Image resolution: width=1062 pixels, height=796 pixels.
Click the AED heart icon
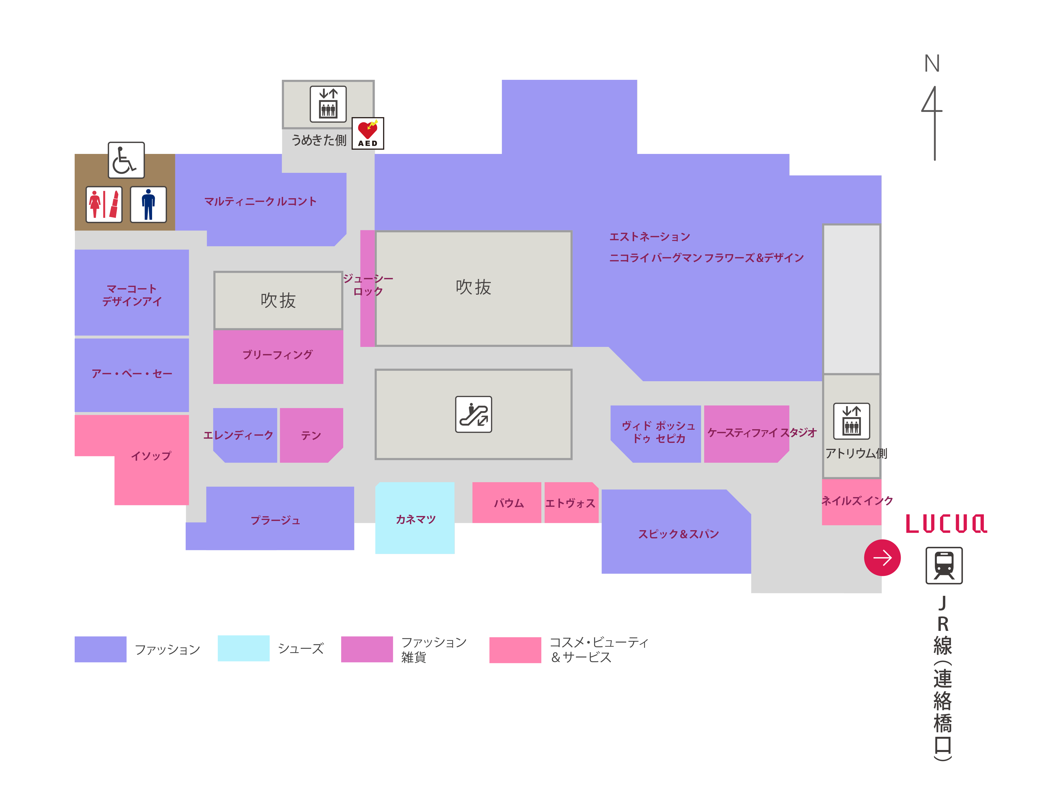[368, 133]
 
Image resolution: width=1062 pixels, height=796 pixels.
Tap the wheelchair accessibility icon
[126, 160]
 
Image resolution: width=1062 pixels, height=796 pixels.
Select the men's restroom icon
[148, 204]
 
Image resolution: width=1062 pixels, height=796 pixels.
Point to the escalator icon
[473, 414]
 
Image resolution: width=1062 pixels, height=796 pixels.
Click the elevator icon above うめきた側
[328, 104]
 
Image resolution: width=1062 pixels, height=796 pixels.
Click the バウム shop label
[509, 503]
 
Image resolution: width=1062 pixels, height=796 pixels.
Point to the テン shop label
[311, 435]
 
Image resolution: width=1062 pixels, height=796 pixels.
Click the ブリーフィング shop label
[278, 355]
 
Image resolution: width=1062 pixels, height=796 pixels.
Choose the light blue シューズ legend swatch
[243, 648]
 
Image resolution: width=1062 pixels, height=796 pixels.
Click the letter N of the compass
[932, 63]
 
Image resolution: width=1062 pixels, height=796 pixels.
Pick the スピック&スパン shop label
[678, 534]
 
